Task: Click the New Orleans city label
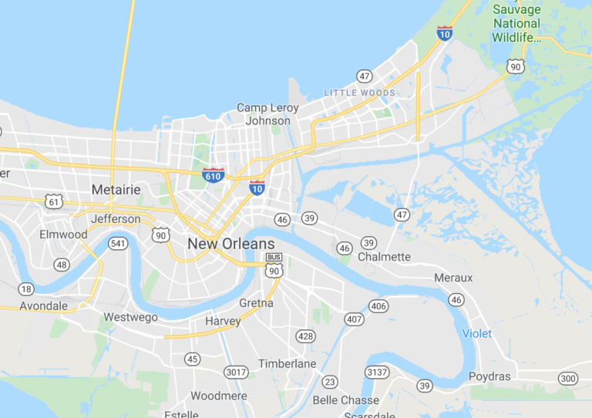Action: click(x=230, y=244)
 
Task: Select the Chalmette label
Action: click(x=384, y=256)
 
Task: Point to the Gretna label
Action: click(x=256, y=303)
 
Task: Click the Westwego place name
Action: click(x=130, y=317)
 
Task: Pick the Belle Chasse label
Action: click(x=345, y=400)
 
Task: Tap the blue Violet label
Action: click(x=476, y=333)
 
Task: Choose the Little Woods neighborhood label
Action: click(x=359, y=93)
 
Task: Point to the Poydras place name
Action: click(x=489, y=376)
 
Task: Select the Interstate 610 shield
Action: click(x=214, y=175)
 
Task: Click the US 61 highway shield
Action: click(x=53, y=201)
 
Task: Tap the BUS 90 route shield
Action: click(x=274, y=265)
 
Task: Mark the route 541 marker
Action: click(x=118, y=244)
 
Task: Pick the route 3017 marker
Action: click(x=236, y=372)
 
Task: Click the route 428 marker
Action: click(x=305, y=336)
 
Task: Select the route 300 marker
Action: click(x=568, y=378)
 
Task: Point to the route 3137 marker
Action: click(x=377, y=372)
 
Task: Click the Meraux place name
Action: click(x=453, y=277)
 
